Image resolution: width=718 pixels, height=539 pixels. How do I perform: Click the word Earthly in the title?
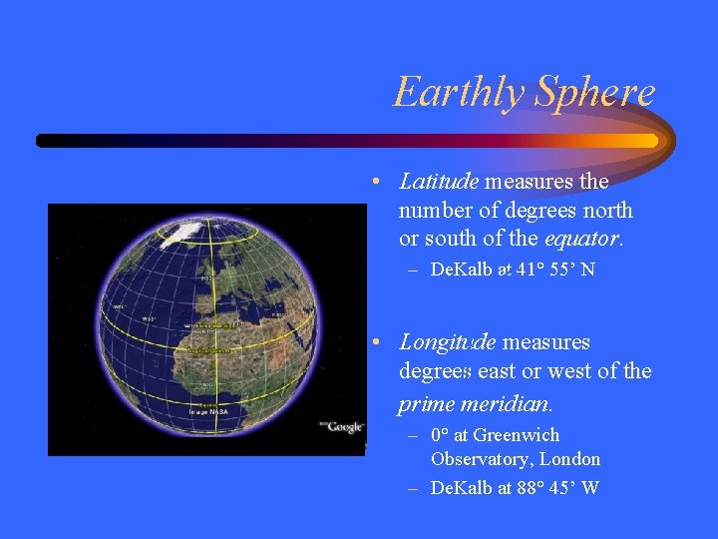click(460, 93)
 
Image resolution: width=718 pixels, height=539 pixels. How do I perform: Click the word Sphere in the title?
click(595, 93)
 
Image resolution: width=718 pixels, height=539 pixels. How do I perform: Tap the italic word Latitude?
click(439, 182)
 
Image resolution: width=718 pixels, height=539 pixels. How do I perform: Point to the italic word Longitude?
click(447, 342)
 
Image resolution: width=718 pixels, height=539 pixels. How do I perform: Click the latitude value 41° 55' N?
click(555, 269)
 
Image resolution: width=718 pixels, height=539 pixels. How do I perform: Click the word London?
click(569, 459)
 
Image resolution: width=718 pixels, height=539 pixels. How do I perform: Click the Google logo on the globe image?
click(344, 427)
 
